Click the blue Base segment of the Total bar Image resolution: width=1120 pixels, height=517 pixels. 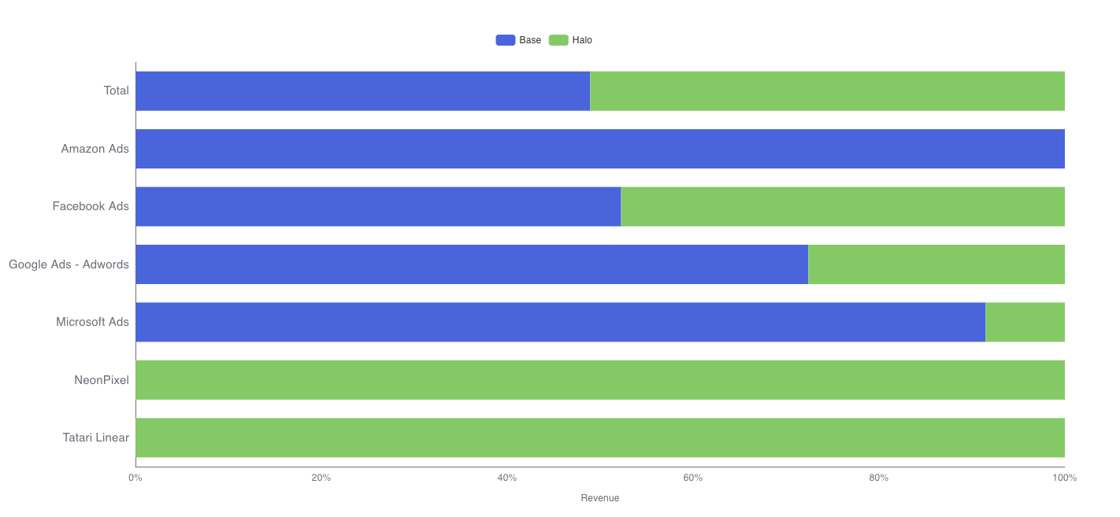(x=362, y=90)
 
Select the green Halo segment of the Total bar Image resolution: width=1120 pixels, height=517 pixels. (x=827, y=90)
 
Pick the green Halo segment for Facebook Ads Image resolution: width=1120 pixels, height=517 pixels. (x=843, y=206)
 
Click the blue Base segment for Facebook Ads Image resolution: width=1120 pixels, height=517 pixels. (x=378, y=206)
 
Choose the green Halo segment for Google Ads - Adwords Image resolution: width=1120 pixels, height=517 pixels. (x=936, y=264)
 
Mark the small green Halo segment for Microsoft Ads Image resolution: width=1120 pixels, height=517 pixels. (x=1025, y=322)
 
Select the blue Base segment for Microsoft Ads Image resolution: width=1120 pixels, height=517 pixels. (x=560, y=322)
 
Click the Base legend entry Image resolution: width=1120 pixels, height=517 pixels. (x=519, y=40)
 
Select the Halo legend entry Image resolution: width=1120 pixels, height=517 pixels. (x=571, y=40)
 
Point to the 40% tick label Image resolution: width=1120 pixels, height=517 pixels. (x=506, y=478)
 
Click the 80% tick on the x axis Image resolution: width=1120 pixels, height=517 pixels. (x=878, y=478)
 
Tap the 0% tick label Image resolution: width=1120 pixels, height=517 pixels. (x=135, y=478)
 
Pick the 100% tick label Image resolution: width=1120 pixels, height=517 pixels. (x=1064, y=478)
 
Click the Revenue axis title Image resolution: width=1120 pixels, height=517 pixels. (x=600, y=498)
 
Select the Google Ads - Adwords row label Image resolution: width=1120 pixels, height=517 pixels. (x=69, y=264)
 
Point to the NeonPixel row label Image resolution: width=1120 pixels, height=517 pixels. (x=102, y=380)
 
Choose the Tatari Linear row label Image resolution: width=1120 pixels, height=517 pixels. (x=96, y=438)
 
